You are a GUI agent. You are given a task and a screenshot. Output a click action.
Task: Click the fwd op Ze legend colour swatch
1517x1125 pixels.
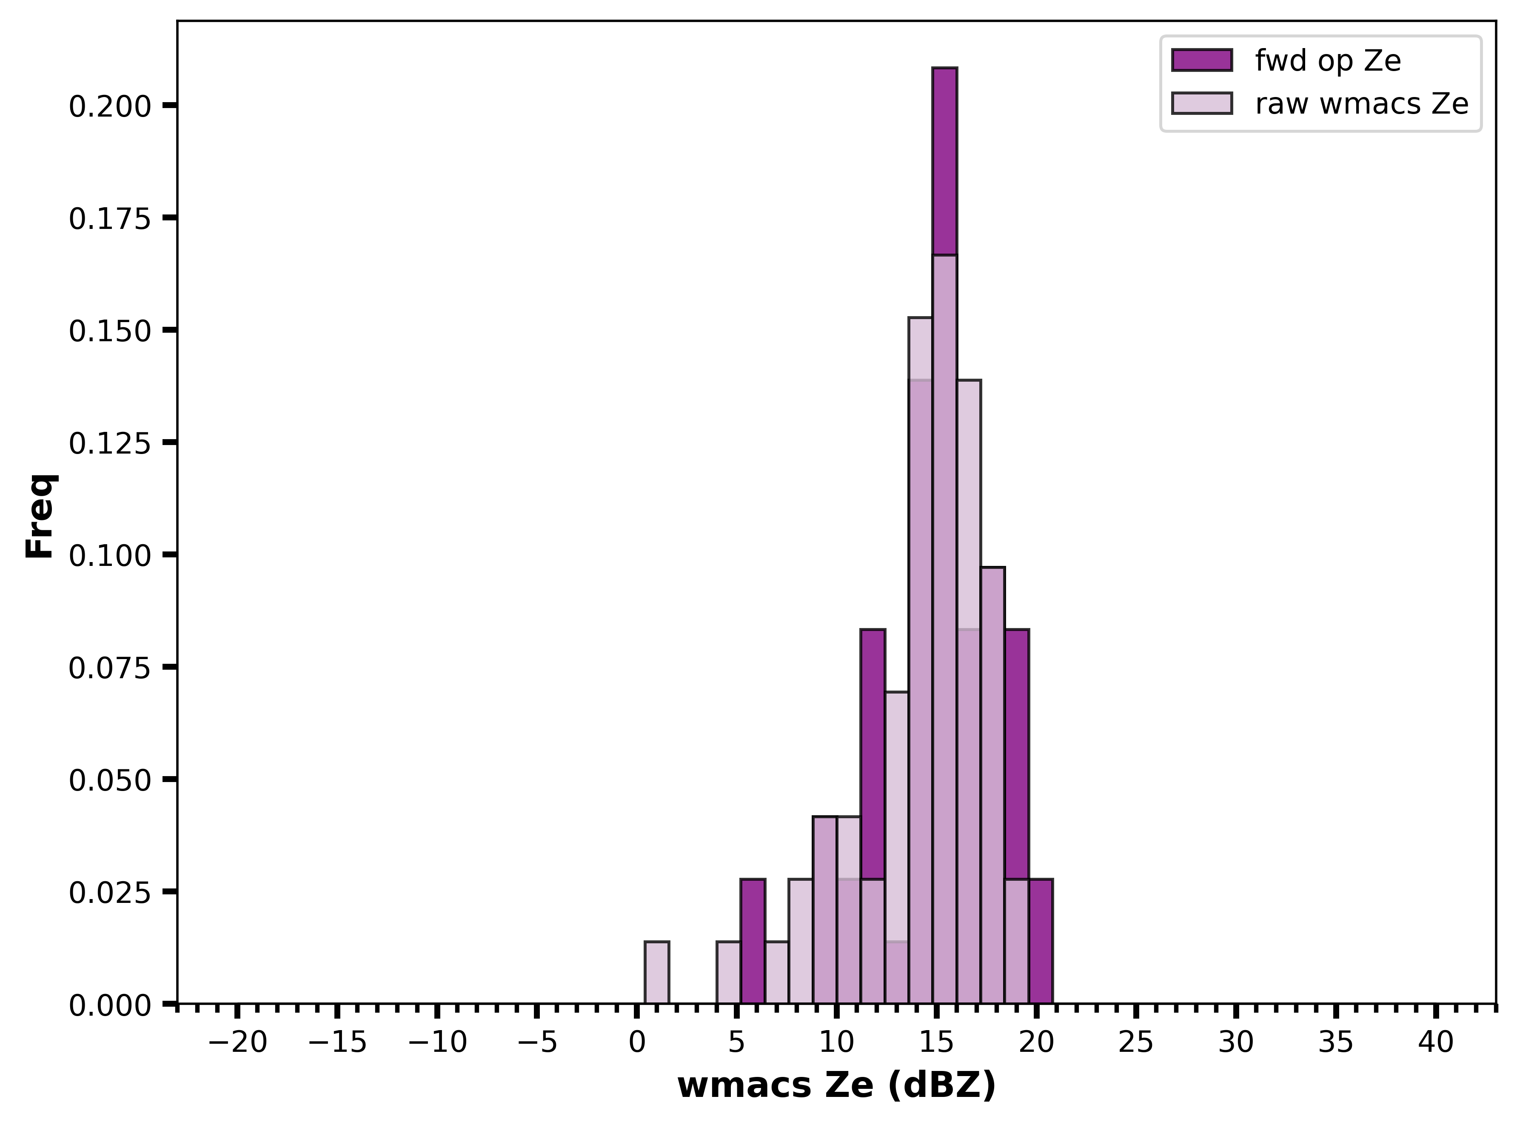(x=1202, y=60)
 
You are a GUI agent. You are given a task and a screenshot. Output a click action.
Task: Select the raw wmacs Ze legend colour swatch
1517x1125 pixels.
(x=1202, y=103)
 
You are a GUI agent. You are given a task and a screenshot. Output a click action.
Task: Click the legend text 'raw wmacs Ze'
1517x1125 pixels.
(x=1362, y=104)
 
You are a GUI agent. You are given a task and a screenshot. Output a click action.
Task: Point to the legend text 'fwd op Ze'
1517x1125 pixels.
(x=1328, y=61)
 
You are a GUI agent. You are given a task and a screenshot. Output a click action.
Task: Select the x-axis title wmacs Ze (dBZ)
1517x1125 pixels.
(x=836, y=1086)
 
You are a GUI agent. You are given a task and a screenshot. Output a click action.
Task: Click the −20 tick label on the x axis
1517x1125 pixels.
(x=237, y=1042)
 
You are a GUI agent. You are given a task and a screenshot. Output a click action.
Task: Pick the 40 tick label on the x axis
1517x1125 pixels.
(x=1436, y=1042)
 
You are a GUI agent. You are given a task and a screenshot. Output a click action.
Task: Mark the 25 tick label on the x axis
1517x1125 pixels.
(x=1136, y=1042)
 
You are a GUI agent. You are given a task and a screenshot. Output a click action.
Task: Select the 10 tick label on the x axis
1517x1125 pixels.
(x=836, y=1042)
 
